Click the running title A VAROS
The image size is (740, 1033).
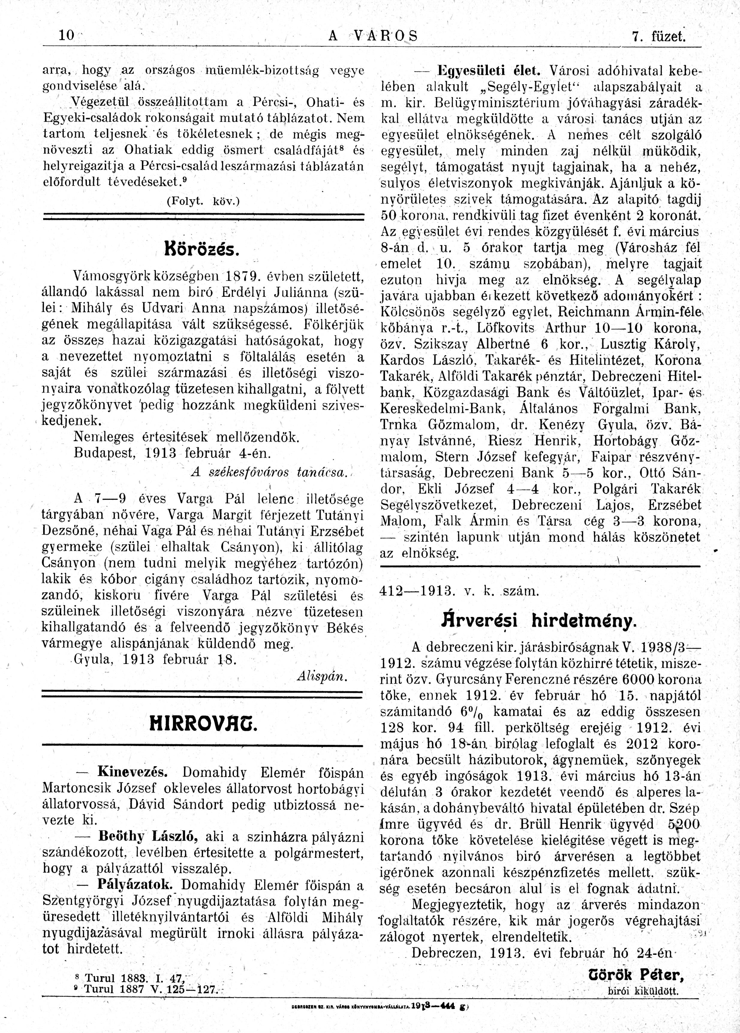coord(372,36)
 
